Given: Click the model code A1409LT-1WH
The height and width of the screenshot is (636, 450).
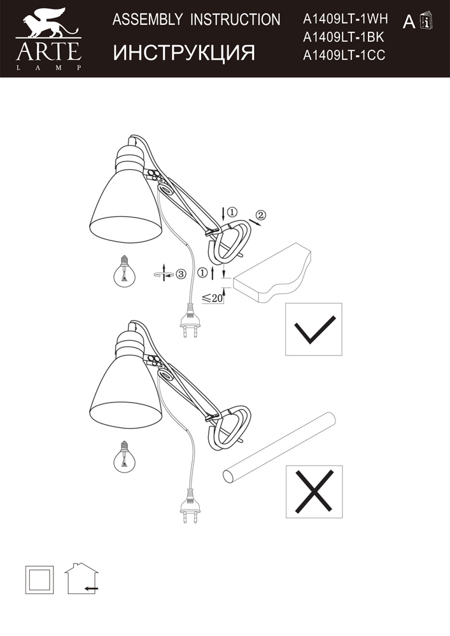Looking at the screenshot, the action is tap(346, 18).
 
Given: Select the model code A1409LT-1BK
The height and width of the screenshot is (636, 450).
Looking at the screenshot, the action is tap(343, 37).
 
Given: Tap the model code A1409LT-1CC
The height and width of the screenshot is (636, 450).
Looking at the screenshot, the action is tap(344, 55).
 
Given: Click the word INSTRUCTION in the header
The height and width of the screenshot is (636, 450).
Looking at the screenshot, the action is tap(236, 20).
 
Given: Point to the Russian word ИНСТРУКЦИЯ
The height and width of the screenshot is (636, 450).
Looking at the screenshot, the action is tap(184, 53).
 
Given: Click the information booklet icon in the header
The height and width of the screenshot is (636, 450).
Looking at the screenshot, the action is tap(426, 20).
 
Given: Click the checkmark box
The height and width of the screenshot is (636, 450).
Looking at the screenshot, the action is tap(314, 329).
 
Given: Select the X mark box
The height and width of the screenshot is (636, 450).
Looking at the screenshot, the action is tap(314, 492).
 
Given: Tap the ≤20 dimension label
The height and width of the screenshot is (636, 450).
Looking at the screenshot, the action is tap(212, 298).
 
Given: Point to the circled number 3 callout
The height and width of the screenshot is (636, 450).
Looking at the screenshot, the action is tap(181, 273).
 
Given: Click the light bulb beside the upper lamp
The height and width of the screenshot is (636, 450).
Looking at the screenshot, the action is tap(124, 271).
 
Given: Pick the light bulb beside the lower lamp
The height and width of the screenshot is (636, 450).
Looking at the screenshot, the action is tap(125, 456).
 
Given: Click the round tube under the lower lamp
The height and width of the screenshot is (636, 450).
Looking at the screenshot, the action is tap(281, 447).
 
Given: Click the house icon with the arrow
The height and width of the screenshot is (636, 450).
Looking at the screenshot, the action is tap(81, 578).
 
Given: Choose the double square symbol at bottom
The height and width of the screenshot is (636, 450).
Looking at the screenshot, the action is tap(39, 579).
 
